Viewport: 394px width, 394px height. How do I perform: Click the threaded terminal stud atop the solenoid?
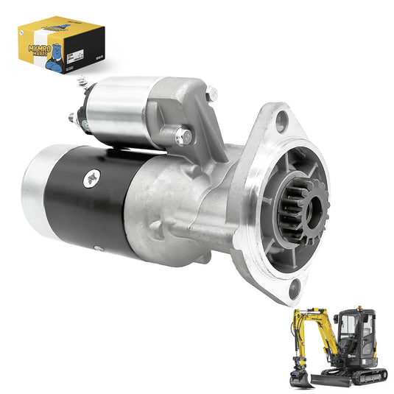coord(83,84)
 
